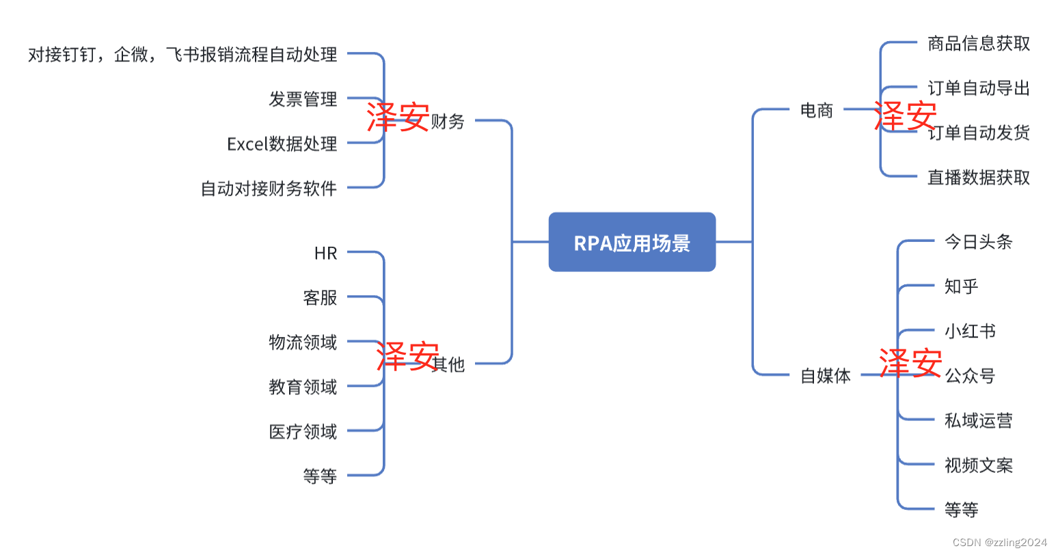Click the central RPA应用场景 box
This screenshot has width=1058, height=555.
point(632,243)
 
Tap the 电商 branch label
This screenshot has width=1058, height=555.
point(817,110)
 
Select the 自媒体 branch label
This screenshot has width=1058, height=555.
point(826,375)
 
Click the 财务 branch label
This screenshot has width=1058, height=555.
point(448,122)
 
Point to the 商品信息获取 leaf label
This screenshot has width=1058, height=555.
point(978,44)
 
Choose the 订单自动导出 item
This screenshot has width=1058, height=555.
point(978,88)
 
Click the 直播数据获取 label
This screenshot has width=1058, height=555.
point(978,178)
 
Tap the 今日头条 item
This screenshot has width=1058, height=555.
point(978,242)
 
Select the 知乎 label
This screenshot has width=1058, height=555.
point(961,286)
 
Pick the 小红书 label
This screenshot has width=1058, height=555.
point(970,331)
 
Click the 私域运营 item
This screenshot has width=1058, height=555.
point(978,420)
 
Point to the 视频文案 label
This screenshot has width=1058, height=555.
point(978,465)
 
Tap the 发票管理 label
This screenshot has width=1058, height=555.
point(303,99)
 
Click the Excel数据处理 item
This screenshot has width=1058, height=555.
point(282,144)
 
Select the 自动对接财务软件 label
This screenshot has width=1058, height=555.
point(269,189)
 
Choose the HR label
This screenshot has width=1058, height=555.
point(325,254)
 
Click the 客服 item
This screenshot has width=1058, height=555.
point(320,298)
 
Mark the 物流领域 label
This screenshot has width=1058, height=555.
point(303,342)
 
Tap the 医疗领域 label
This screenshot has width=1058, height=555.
point(303,432)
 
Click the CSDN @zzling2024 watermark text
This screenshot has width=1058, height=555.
point(999,542)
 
